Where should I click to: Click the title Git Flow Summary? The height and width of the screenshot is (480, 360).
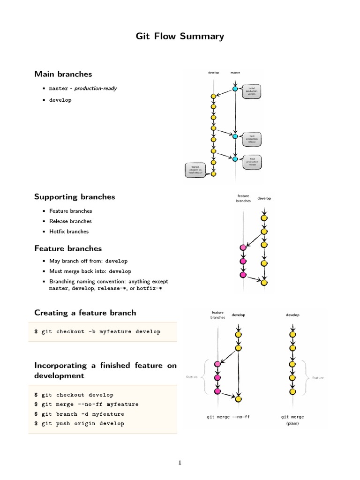coord(180,36)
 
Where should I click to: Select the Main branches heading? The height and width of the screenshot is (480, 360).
coord(63,74)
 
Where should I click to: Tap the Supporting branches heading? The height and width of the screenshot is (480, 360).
coord(75,197)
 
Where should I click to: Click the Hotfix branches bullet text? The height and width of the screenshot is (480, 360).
coord(68,232)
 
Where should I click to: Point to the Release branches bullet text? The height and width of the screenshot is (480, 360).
coord(70,221)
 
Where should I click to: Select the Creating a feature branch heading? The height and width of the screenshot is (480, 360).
coord(85,313)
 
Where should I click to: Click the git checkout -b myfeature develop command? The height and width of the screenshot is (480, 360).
coord(97,332)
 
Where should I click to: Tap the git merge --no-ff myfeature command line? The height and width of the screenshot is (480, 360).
coord(87,405)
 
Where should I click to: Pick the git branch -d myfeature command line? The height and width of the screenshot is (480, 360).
coord(79,414)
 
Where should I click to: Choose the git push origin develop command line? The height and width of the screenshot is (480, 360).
coord(79,424)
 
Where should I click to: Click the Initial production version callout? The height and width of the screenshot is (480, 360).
coord(251,91)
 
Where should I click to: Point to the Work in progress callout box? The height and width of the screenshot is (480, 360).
coord(195,169)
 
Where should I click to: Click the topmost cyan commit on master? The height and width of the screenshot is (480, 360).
coord(235,89)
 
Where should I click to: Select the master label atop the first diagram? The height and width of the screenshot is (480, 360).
coord(235,73)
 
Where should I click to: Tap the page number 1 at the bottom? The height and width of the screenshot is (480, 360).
coord(180,463)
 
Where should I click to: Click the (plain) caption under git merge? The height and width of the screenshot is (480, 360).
coord(292,423)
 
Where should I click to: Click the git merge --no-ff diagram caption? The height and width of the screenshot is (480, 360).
coord(225,416)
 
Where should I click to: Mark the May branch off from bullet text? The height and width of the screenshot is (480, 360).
coord(88,261)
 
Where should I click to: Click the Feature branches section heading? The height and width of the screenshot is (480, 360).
coord(68,248)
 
